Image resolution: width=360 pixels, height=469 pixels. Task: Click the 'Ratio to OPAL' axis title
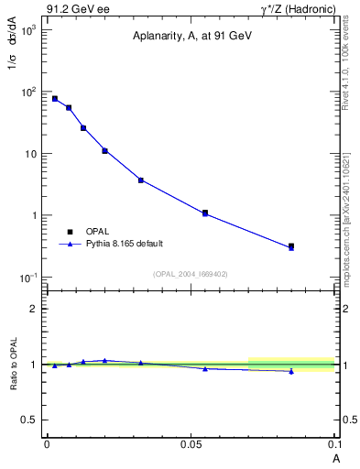coord(15,365)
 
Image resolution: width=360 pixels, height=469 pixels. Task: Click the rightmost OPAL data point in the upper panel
coord(291,245)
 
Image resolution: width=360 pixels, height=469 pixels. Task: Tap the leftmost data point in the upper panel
coord(55,99)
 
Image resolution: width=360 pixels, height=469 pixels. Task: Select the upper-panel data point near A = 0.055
coord(205,213)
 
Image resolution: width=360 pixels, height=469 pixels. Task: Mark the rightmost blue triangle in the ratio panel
coord(291,371)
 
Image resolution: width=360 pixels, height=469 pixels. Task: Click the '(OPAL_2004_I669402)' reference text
coord(190,273)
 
